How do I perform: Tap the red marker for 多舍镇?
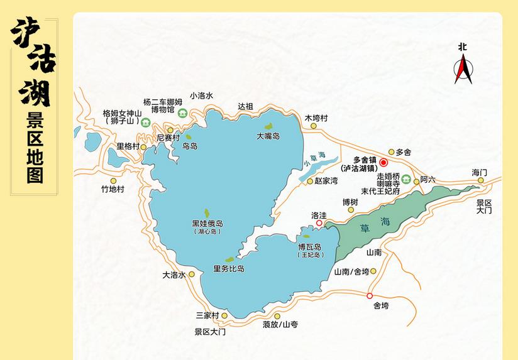383,163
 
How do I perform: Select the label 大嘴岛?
268,136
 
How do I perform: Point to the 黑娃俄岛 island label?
207,224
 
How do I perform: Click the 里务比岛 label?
229,269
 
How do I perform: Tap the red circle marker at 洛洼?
319,222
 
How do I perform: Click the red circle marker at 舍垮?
370,295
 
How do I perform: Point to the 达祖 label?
245,106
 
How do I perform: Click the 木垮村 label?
316,117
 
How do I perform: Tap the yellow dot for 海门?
480,180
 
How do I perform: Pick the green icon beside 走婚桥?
406,178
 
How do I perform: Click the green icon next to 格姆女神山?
145,122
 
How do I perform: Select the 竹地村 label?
113,188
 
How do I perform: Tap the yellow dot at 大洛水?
192,274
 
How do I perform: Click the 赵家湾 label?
326,180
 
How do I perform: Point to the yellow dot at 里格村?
143,147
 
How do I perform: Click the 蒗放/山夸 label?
280,325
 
